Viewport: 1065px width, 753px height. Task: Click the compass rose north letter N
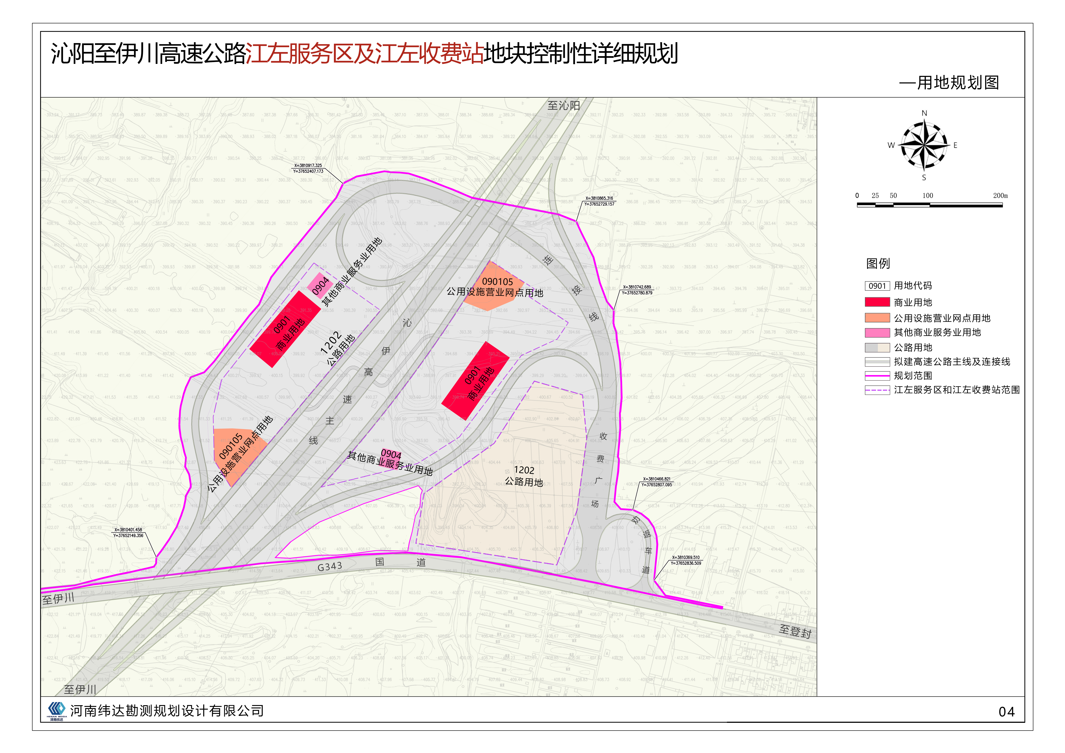[924, 113]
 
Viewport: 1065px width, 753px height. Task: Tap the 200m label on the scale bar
[1000, 196]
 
